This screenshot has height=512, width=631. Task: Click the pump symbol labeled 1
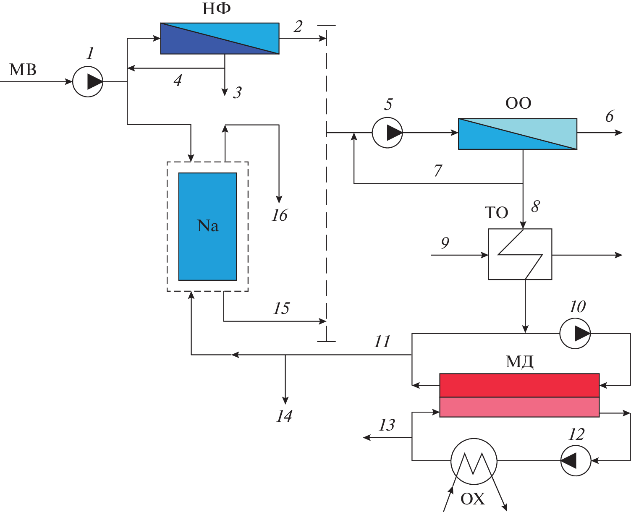(88, 82)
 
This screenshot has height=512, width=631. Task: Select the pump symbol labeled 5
(387, 133)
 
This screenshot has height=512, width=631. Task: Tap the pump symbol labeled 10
(575, 334)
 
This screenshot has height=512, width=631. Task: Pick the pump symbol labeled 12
(576, 460)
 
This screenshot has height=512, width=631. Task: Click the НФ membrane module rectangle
(220, 38)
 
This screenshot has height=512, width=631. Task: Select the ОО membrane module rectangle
(517, 134)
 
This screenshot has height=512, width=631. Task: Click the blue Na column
(207, 227)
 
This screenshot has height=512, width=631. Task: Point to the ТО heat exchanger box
(520, 254)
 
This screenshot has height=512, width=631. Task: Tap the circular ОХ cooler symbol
(474, 461)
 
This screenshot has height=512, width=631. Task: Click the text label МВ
(23, 70)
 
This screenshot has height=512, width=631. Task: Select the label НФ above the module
(217, 9)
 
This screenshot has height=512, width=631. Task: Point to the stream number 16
(280, 215)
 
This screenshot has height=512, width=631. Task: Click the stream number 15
(281, 308)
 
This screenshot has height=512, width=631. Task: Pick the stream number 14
(284, 416)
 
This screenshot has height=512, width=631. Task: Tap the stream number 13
(387, 425)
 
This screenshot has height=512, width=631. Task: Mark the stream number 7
(438, 170)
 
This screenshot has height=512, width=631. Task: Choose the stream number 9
(445, 243)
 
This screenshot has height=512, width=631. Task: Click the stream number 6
(610, 116)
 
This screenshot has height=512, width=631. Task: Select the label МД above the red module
(519, 361)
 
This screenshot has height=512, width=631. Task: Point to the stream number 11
(382, 342)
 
